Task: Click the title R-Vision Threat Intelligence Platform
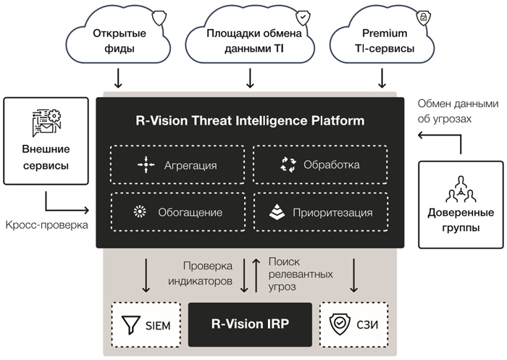click(250, 120)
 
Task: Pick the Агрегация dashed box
click(177, 165)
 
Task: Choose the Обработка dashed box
click(320, 164)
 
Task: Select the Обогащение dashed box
click(177, 212)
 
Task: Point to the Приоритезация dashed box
click(320, 212)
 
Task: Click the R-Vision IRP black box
click(249, 324)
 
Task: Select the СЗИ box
click(355, 324)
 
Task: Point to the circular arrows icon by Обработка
click(288, 164)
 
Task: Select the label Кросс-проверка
click(45, 225)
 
